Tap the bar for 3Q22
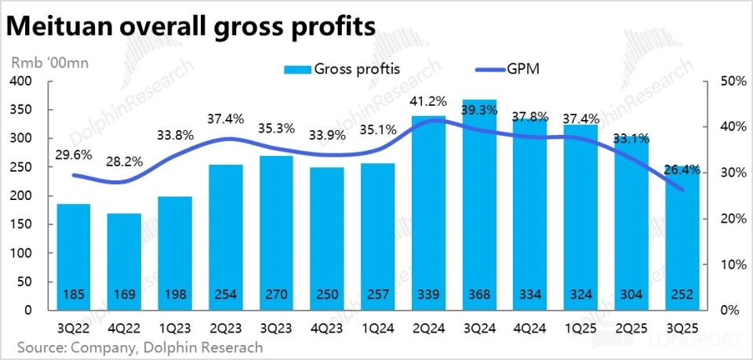pyautogui.click(x=73, y=251)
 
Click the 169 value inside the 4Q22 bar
pyautogui.click(x=124, y=295)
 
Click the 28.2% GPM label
pyautogui.click(x=125, y=162)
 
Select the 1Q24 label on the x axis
pyautogui.click(x=378, y=325)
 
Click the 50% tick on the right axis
pyautogui.click(x=730, y=82)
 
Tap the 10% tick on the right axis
pyautogui.click(x=730, y=264)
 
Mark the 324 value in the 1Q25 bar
pyautogui.click(x=581, y=295)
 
